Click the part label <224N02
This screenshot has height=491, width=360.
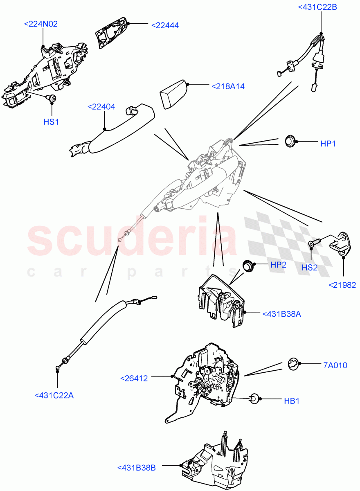(41, 24)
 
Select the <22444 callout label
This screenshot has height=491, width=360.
(165, 25)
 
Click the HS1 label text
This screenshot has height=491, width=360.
(51, 122)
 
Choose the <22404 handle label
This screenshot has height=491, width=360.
(101, 107)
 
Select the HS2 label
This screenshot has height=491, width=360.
(310, 268)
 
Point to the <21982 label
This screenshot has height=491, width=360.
(342, 285)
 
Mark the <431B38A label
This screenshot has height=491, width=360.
(281, 314)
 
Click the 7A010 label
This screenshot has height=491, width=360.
(335, 365)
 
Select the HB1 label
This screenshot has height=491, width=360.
(292, 401)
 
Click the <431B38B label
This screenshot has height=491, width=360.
(136, 468)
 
